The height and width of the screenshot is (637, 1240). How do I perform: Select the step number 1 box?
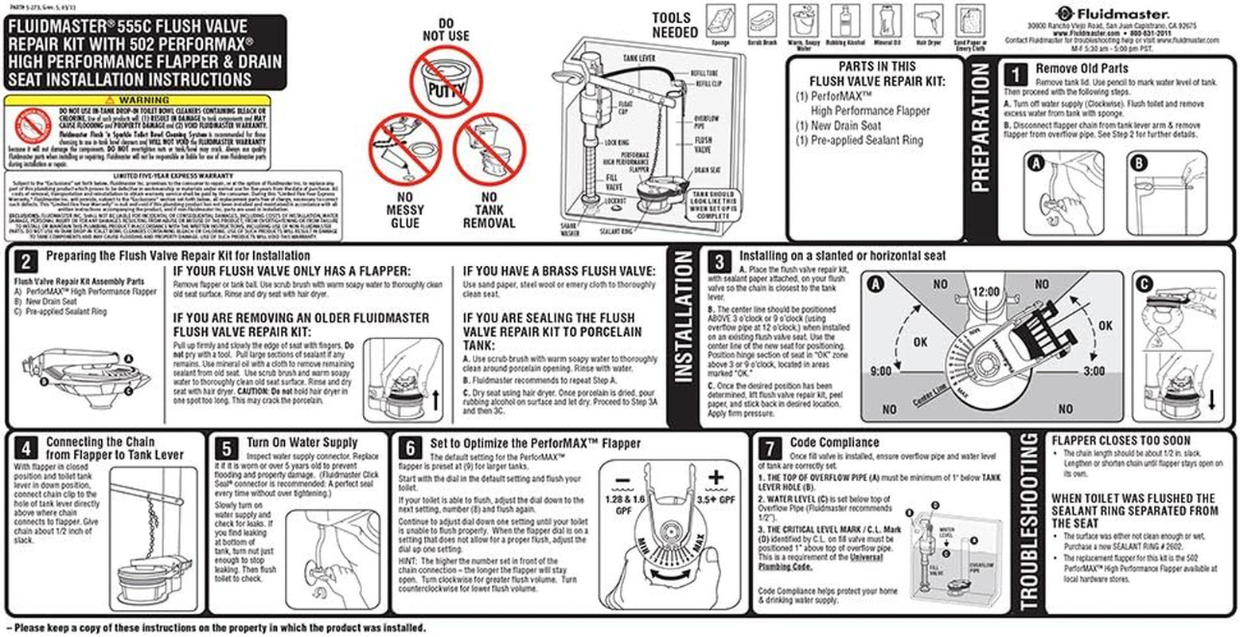[x=1015, y=74]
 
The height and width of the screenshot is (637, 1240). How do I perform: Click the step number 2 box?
[x=26, y=263]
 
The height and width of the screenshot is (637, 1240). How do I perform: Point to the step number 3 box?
[x=719, y=263]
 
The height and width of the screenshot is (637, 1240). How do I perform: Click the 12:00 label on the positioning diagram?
[x=985, y=292]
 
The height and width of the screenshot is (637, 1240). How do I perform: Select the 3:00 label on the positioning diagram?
[x=1094, y=371]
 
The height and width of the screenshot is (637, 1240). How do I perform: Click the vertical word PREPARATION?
[x=981, y=127]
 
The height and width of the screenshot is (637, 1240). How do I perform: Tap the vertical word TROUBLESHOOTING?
[x=1028, y=522]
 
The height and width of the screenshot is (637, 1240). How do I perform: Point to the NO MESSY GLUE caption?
[x=405, y=210]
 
